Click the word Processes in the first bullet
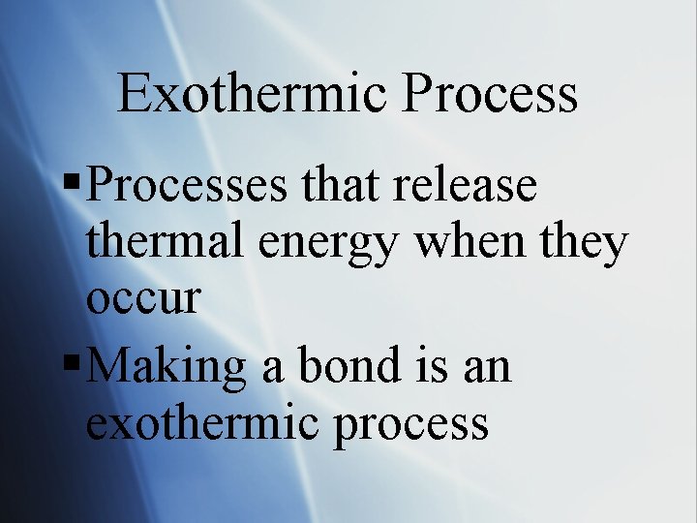point(185,184)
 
